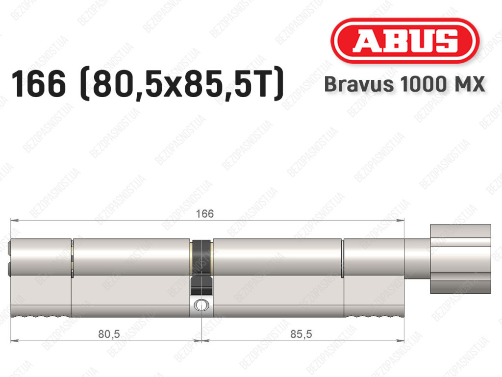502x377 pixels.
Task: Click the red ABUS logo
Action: tap(404, 41)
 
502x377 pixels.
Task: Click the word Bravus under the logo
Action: tap(359, 84)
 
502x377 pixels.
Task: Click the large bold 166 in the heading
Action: tap(39, 84)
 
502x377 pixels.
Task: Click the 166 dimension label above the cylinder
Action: tap(204, 213)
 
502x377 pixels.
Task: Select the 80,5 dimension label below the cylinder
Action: tap(109, 334)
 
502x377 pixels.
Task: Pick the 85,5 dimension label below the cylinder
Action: tap(301, 334)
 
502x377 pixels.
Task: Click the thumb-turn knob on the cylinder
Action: tap(460, 258)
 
